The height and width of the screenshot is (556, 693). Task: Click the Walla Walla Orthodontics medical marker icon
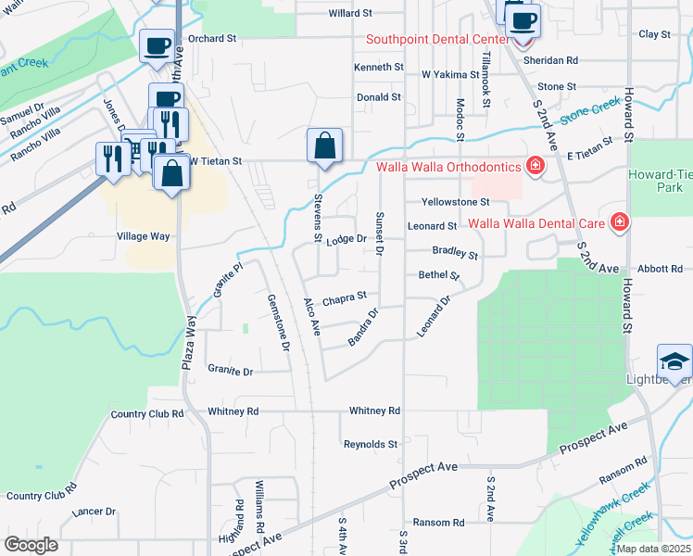(x=535, y=167)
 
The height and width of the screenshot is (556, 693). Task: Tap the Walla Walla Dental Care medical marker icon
(x=618, y=223)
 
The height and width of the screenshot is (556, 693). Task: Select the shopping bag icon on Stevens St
(x=324, y=145)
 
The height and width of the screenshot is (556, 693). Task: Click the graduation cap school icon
(x=674, y=360)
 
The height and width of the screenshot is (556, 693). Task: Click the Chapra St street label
(x=346, y=297)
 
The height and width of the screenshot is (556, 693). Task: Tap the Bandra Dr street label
(x=364, y=329)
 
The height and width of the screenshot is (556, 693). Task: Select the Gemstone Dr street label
(x=279, y=323)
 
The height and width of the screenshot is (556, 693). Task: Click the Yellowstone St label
(x=455, y=202)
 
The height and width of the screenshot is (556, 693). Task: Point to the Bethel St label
(x=439, y=275)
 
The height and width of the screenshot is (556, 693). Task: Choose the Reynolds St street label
(x=371, y=445)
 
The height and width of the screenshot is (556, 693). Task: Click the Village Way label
(x=144, y=236)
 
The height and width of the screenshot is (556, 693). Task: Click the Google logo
(x=31, y=545)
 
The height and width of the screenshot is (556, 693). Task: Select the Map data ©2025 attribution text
(x=652, y=549)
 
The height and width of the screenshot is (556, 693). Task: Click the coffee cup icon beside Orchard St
(x=156, y=45)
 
